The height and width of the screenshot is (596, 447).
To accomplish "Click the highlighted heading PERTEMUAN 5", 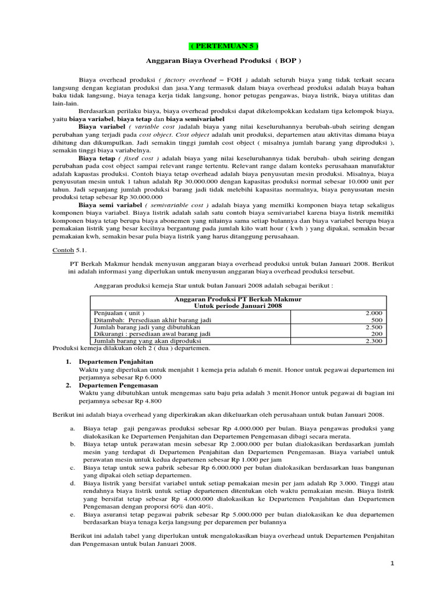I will (x=223, y=46).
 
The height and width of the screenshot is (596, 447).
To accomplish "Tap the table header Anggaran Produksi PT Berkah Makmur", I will (x=237, y=299).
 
